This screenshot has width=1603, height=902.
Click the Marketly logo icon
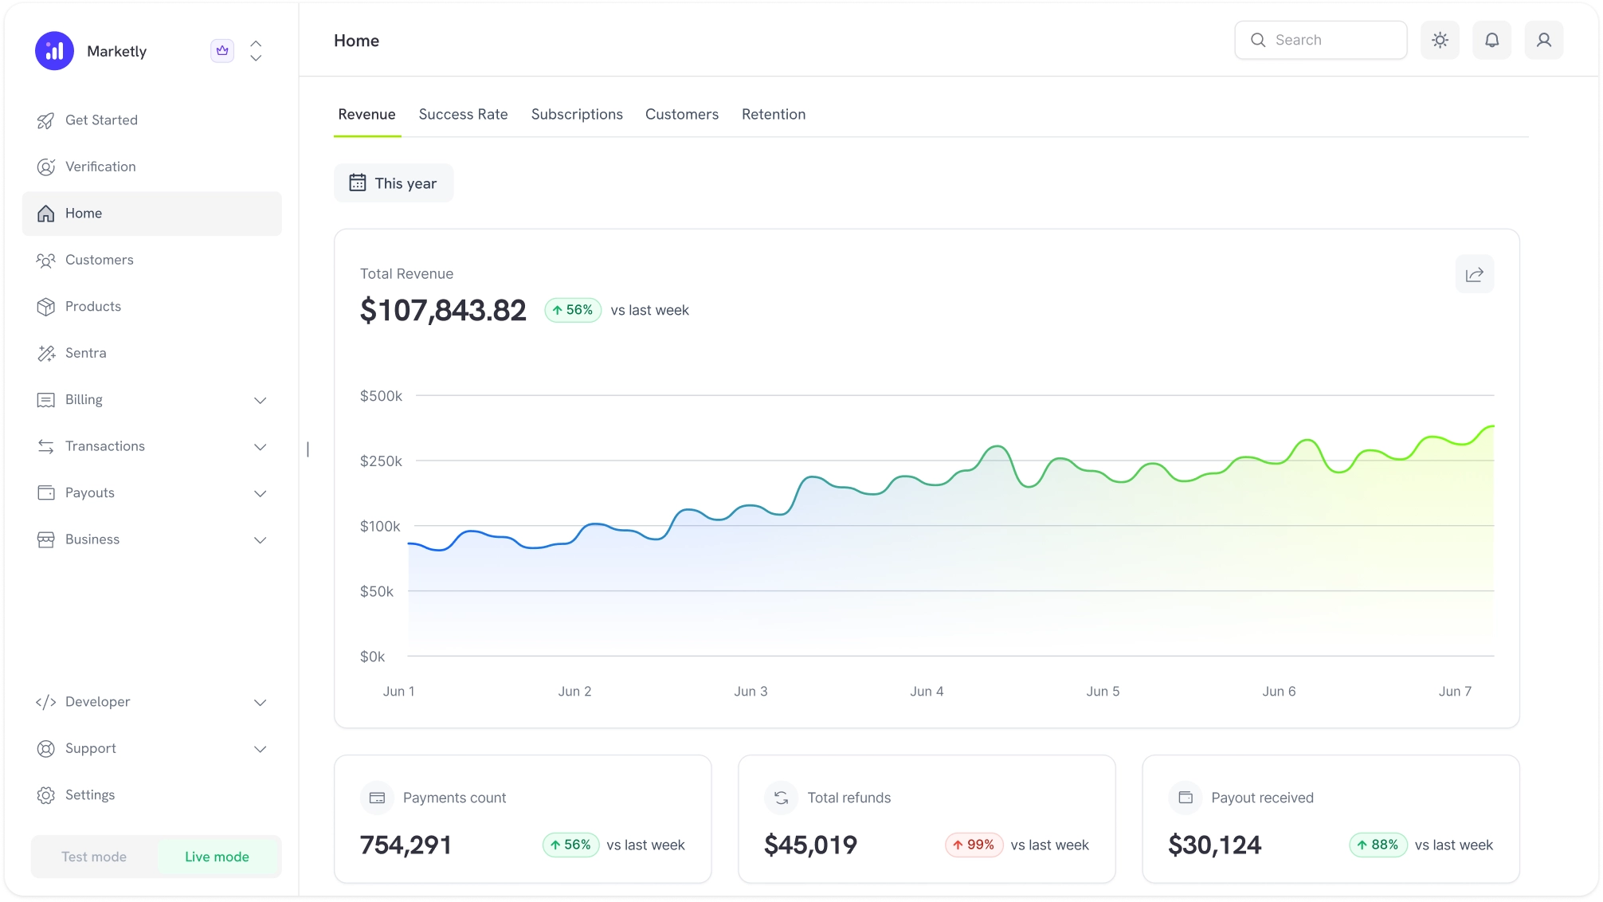[54, 51]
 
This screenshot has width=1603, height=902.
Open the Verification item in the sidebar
[100, 167]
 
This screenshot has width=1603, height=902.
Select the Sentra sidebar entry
[85, 353]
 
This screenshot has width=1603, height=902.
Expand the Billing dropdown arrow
[260, 400]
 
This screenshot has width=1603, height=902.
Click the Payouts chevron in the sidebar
[260, 493]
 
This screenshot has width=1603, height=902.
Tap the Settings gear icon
[46, 795]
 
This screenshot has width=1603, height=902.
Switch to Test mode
[94, 857]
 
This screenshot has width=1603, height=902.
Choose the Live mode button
[217, 857]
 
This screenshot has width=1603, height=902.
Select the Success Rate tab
[463, 114]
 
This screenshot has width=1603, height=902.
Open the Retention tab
[773, 114]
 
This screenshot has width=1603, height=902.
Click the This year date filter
[394, 183]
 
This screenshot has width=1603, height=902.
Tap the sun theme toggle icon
[1440, 40]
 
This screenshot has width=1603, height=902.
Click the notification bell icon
[1491, 40]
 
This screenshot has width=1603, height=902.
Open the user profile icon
[1543, 40]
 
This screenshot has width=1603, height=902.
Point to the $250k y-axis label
[381, 461]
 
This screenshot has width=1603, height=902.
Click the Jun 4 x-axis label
[927, 692]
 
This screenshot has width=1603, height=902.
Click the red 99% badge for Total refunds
[974, 845]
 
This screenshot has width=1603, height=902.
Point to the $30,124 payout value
[1214, 845]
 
